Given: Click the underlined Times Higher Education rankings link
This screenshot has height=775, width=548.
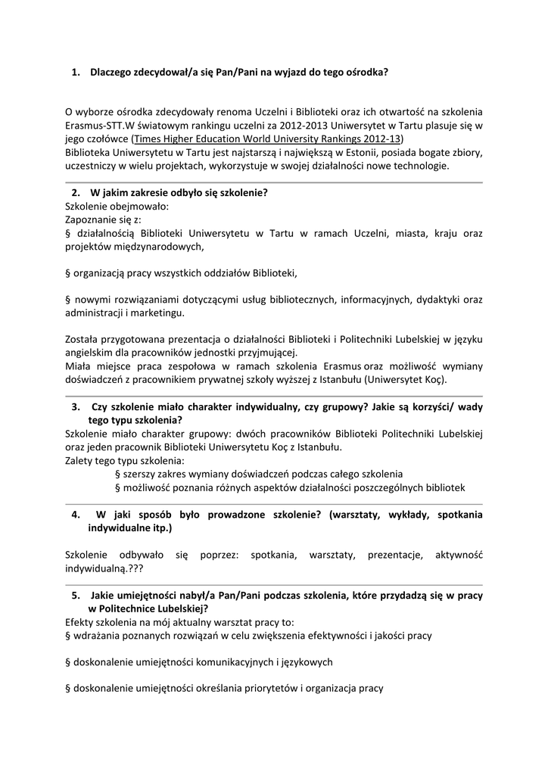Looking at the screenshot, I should [267, 139].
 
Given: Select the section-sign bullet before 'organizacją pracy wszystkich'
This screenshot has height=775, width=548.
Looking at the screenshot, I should [68, 272].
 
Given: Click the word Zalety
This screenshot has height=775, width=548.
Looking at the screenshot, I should [80, 460].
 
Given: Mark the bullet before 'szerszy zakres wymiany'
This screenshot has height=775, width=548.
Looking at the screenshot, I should [117, 474].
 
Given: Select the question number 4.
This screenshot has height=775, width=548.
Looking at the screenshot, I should [76, 515].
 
